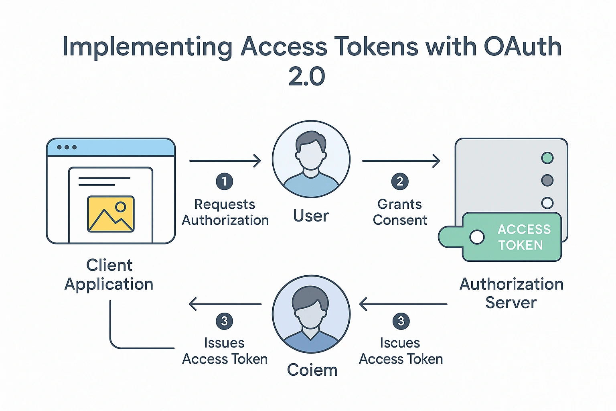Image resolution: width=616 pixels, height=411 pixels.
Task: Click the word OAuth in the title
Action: tap(523, 47)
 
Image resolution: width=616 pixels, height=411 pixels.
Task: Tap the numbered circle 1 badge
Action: tap(224, 181)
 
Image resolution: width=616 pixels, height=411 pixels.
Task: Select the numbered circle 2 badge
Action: tap(400, 181)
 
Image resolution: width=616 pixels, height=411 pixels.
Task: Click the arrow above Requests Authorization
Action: tap(225, 161)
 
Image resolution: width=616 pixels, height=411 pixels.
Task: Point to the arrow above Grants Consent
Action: tap(401, 161)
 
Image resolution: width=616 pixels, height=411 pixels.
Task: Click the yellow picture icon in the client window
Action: tap(111, 214)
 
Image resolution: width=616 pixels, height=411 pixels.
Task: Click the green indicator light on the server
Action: tap(547, 158)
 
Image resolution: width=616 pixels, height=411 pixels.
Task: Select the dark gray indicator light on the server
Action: tap(547, 180)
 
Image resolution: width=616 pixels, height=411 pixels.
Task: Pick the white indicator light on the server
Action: tap(547, 203)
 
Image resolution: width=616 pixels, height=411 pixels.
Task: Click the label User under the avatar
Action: tap(311, 216)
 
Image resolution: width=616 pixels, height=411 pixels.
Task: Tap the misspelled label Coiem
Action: tap(312, 370)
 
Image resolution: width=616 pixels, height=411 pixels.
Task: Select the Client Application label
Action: tap(109, 275)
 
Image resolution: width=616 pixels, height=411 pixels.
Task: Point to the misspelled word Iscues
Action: tap(400, 343)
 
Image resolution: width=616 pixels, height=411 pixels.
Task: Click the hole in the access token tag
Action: tap(477, 237)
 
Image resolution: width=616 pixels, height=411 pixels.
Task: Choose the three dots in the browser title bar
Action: tap(67, 147)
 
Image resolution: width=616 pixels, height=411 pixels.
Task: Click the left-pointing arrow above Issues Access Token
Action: tap(225, 304)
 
